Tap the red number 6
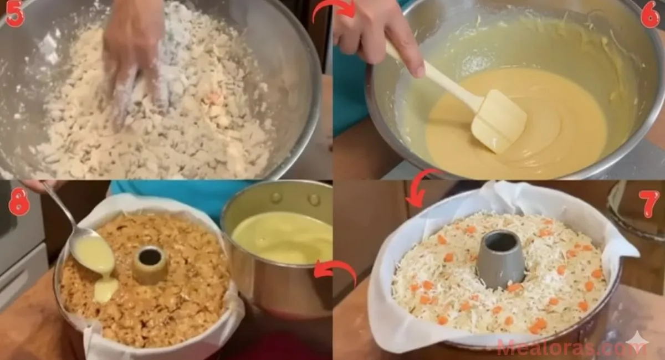pyautogui.click(x=650, y=15)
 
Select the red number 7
pyautogui.click(x=649, y=203)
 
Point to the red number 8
pyautogui.click(x=19, y=203)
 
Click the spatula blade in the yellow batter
pyautogui.click(x=498, y=122)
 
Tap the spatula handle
pyautogui.click(x=432, y=75)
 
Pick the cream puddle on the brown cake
pyautogui.click(x=105, y=289)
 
